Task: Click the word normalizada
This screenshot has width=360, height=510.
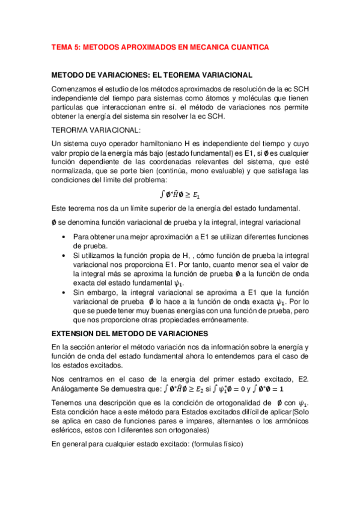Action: pyautogui.click(x=75, y=171)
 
